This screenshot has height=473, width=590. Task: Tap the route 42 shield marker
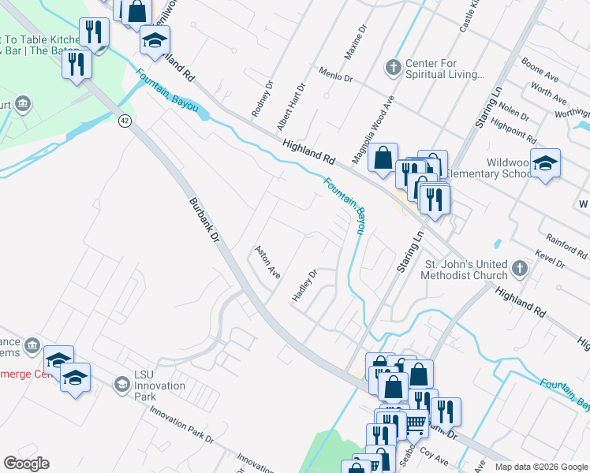tap(125, 121)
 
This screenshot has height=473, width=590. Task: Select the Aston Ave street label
tap(267, 262)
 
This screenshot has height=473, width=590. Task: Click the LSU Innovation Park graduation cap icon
tap(121, 384)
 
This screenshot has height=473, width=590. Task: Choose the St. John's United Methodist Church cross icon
tap(518, 269)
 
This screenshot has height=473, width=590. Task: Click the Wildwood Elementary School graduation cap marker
tap(545, 164)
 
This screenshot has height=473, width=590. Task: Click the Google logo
tap(26, 464)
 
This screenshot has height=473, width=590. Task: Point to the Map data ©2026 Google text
tap(542, 467)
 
